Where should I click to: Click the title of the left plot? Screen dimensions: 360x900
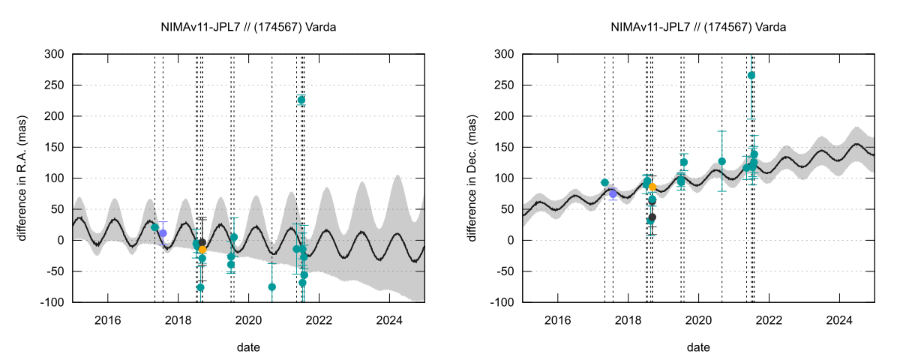point(249,28)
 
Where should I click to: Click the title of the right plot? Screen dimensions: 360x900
point(699,28)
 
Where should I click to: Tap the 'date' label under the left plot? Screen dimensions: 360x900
point(249,347)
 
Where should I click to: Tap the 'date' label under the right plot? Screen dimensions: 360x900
point(699,347)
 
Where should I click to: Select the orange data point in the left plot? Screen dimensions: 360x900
point(202,249)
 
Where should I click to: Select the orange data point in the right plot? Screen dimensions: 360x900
point(652,187)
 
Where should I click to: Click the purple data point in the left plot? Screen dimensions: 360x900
point(163,233)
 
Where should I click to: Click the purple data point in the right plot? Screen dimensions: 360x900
point(613,193)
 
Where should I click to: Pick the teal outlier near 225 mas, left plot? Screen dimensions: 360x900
point(301,100)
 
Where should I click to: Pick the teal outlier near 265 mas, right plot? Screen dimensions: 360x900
point(751,75)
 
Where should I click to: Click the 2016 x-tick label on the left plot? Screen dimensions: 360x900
point(108,318)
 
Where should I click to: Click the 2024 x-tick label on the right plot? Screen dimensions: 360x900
point(839,318)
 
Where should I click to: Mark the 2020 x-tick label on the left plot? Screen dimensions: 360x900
point(249,318)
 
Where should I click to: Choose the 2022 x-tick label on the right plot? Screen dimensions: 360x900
point(769,318)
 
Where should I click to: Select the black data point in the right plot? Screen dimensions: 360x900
point(652,217)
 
